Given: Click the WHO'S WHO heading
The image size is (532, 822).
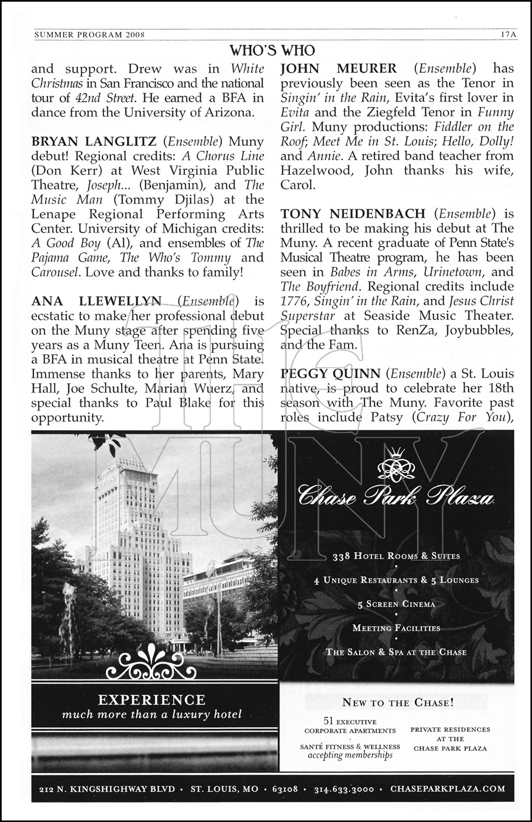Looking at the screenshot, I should point(272,51).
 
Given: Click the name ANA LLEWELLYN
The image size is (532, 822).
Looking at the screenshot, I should point(96,301).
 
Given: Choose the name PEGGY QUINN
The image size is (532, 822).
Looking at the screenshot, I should point(330,374).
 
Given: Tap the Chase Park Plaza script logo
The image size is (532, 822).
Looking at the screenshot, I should point(396,499).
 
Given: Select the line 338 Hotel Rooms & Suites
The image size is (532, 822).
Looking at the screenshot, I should point(396,556).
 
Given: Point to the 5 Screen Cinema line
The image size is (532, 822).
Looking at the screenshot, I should point(396,604).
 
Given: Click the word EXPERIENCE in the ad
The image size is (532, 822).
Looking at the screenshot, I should point(152,700).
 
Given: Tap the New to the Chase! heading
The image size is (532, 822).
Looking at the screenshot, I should point(397,702).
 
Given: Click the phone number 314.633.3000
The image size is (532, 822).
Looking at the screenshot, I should point(344,789).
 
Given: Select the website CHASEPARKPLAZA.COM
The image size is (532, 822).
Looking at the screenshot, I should point(448,789).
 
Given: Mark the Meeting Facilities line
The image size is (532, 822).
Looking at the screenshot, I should point(396,628).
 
